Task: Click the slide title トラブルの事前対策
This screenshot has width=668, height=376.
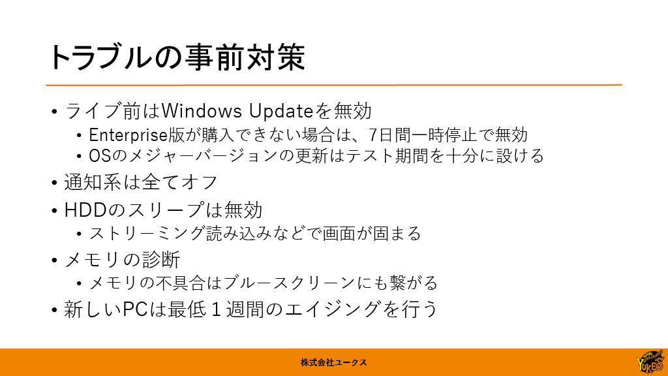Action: click(177, 57)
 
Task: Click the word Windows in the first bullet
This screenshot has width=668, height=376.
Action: click(202, 111)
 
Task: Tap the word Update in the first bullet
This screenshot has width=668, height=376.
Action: click(281, 111)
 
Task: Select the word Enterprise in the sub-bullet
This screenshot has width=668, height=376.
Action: click(129, 135)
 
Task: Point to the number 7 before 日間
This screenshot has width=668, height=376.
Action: click(372, 135)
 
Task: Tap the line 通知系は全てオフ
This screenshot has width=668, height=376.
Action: click(141, 182)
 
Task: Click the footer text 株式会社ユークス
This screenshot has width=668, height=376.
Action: click(333, 363)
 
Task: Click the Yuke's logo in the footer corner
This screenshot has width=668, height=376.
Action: click(650, 362)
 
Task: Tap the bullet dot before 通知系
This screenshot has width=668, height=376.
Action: click(54, 183)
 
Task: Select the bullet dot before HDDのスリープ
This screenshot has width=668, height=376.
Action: click(54, 211)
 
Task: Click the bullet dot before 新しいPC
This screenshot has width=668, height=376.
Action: click(54, 310)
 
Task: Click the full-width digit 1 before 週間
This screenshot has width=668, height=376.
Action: click(216, 309)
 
